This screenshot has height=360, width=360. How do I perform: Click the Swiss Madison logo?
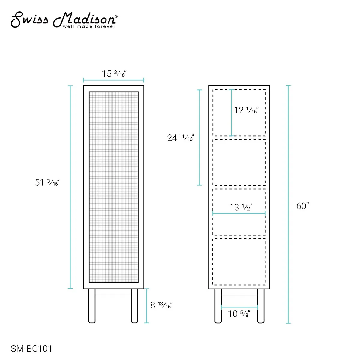(x=64, y=20)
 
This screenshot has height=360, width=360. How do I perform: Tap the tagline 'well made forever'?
(x=89, y=26)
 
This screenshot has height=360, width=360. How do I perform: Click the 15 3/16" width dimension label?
(x=114, y=74)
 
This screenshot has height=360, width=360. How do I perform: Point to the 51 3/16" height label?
(x=47, y=182)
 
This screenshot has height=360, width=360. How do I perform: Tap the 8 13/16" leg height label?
(x=161, y=305)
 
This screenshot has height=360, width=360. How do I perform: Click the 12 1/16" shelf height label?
(x=246, y=110)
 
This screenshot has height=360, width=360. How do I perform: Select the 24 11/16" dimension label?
(x=181, y=138)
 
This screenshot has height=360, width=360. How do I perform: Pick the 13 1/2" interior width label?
(x=240, y=207)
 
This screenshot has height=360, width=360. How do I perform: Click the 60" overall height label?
(x=302, y=206)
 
